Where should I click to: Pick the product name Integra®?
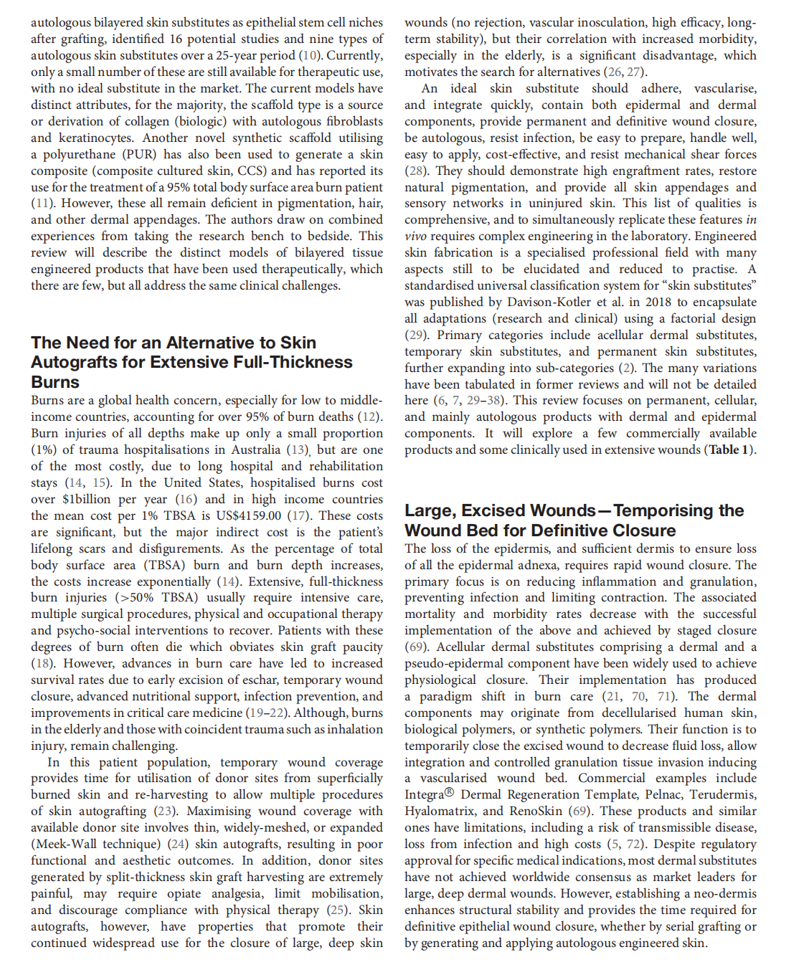[430, 794]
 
